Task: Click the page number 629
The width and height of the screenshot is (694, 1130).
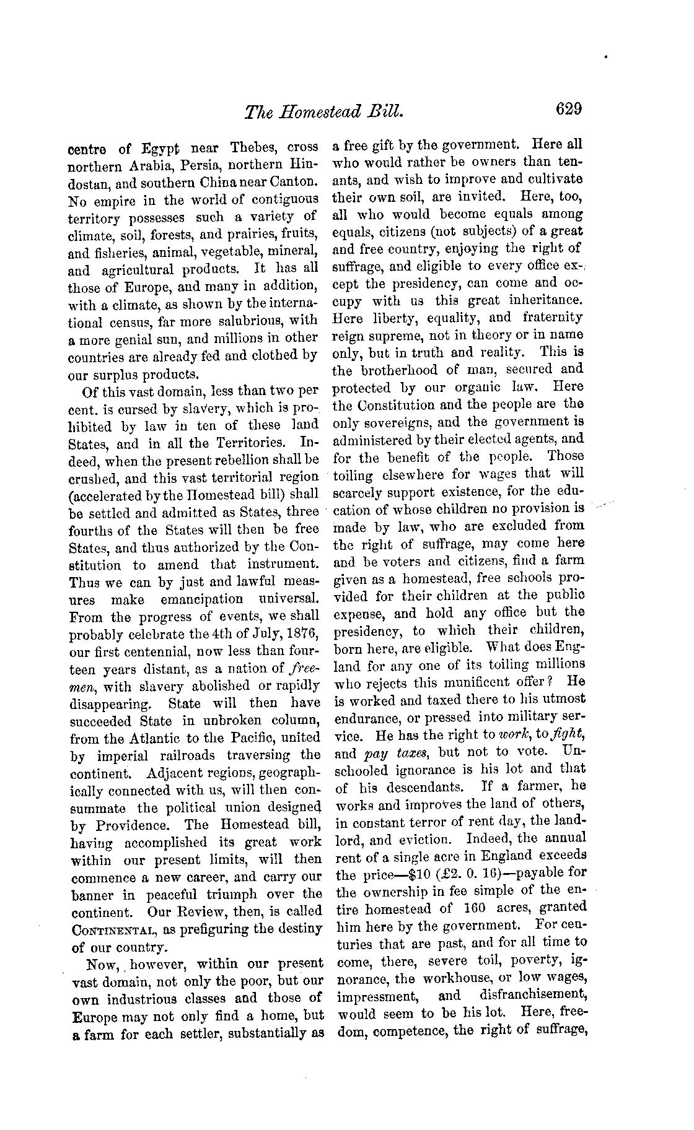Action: coord(569,110)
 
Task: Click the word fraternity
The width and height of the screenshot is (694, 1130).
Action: coord(553,318)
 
